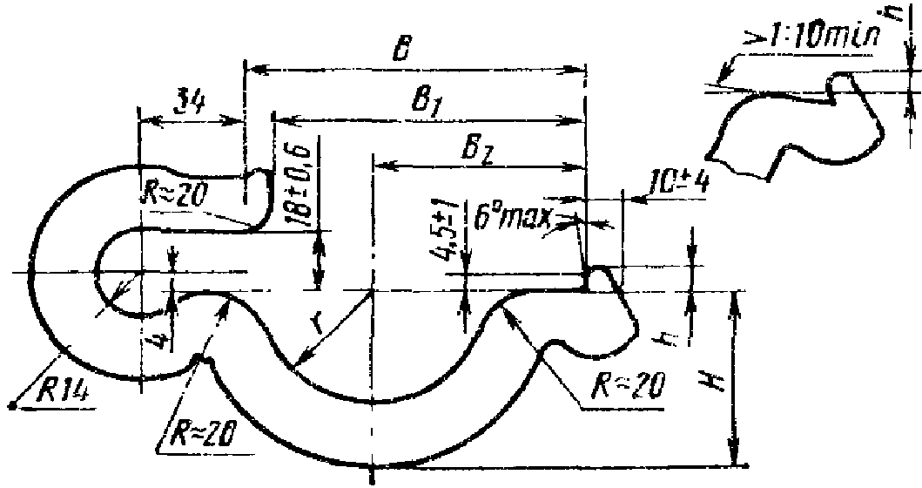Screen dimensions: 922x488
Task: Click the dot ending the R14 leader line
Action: click(12, 404)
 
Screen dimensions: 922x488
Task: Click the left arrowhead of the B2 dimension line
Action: click(378, 164)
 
